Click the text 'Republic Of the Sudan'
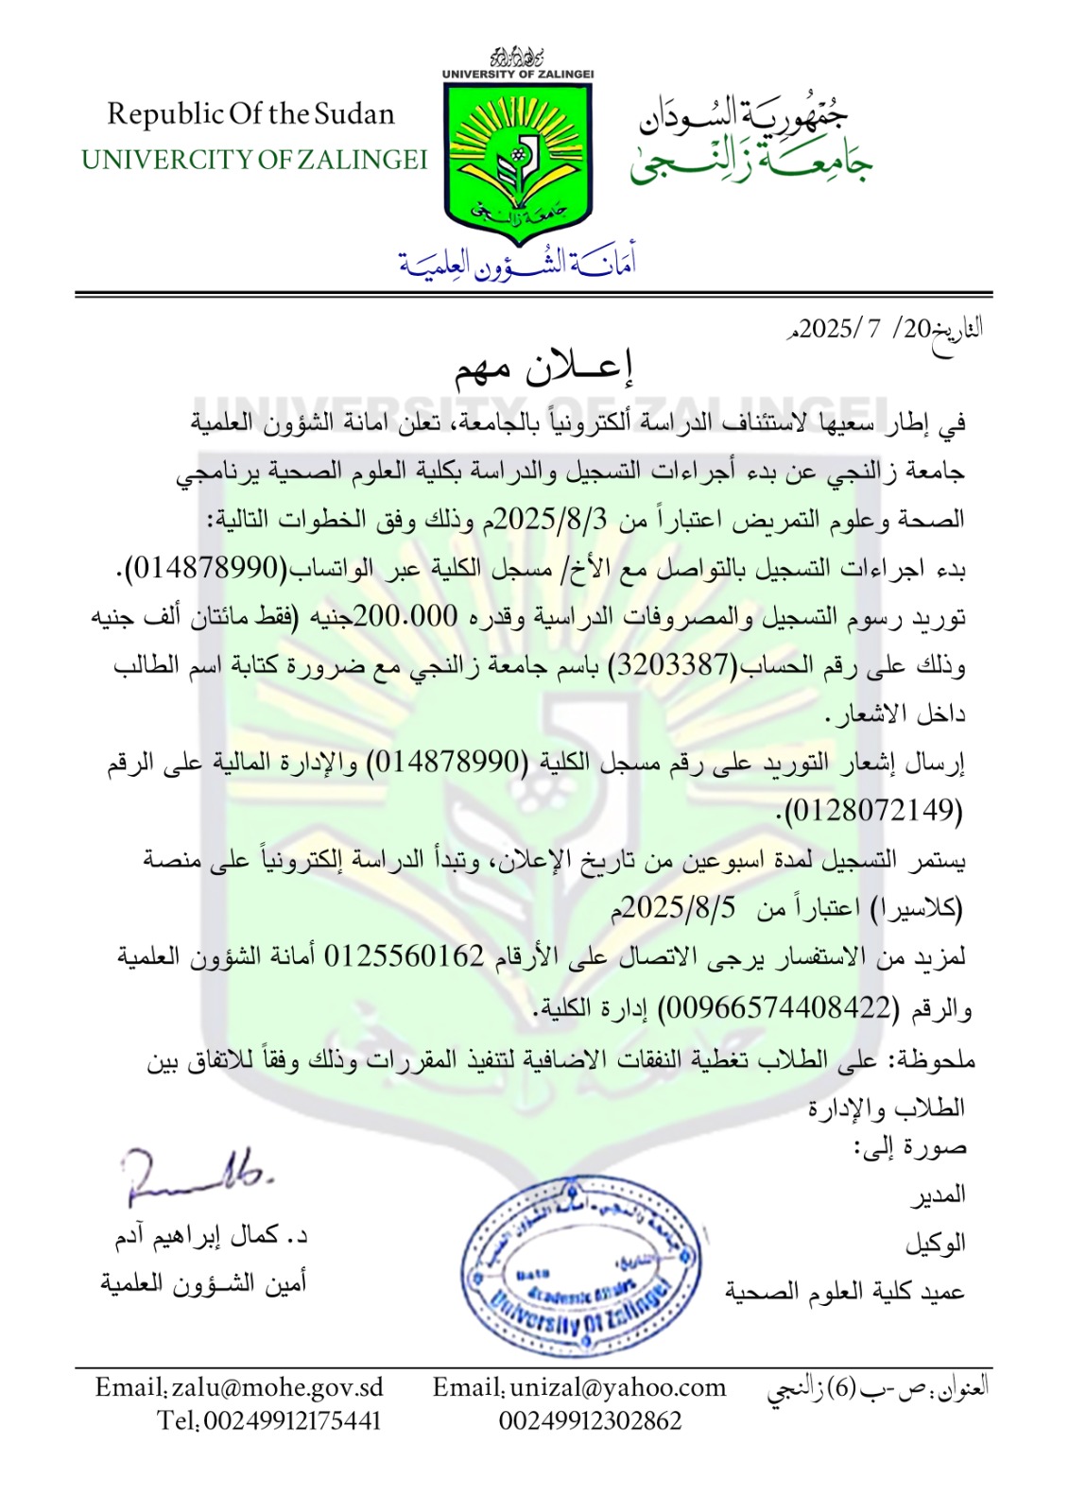(250, 114)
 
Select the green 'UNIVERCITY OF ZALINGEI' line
(254, 160)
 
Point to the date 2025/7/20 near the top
(856, 329)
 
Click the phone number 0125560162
(404, 956)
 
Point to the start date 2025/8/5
(680, 908)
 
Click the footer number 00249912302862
(590, 1420)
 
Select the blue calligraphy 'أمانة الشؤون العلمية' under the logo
(517, 262)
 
